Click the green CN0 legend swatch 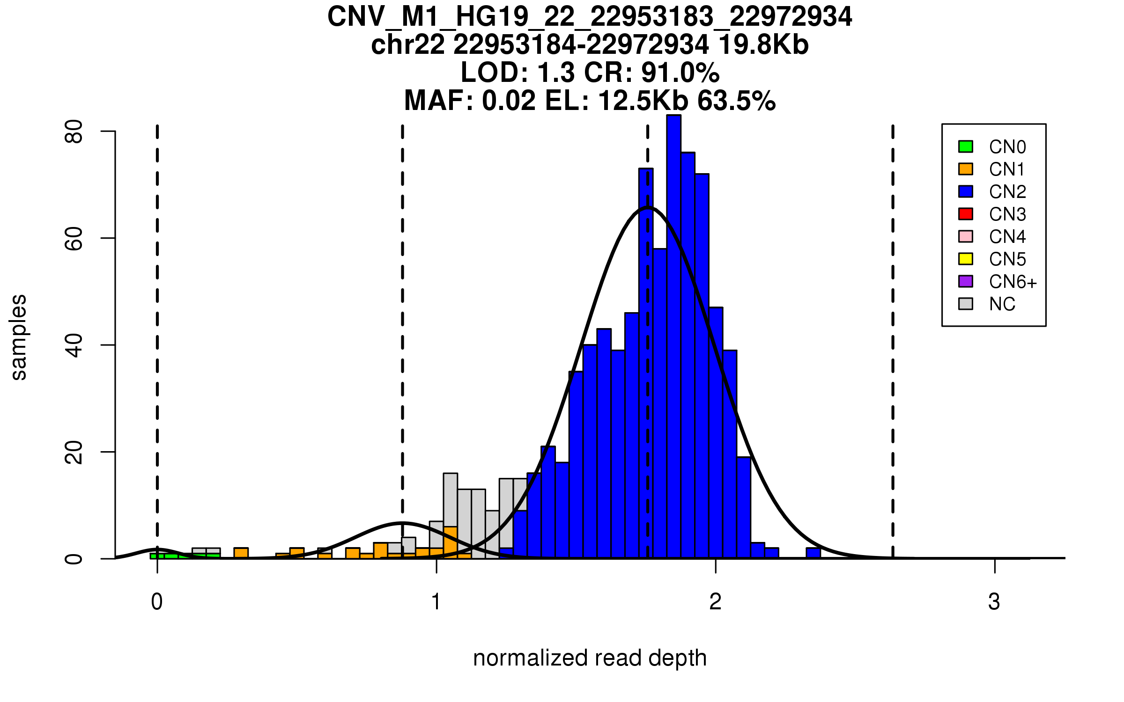[x=966, y=146]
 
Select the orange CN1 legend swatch [x=966, y=169]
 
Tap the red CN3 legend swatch [x=966, y=214]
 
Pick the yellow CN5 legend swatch [x=966, y=259]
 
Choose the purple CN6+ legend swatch [x=966, y=281]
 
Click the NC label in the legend [x=1002, y=304]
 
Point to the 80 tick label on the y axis [x=74, y=132]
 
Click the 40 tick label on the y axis [x=74, y=345]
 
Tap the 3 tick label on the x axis [x=994, y=602]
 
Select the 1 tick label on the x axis [x=436, y=602]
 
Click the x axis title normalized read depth [x=590, y=658]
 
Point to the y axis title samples [x=19, y=337]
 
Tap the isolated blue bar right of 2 [x=813, y=553]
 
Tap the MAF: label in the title [x=439, y=101]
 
